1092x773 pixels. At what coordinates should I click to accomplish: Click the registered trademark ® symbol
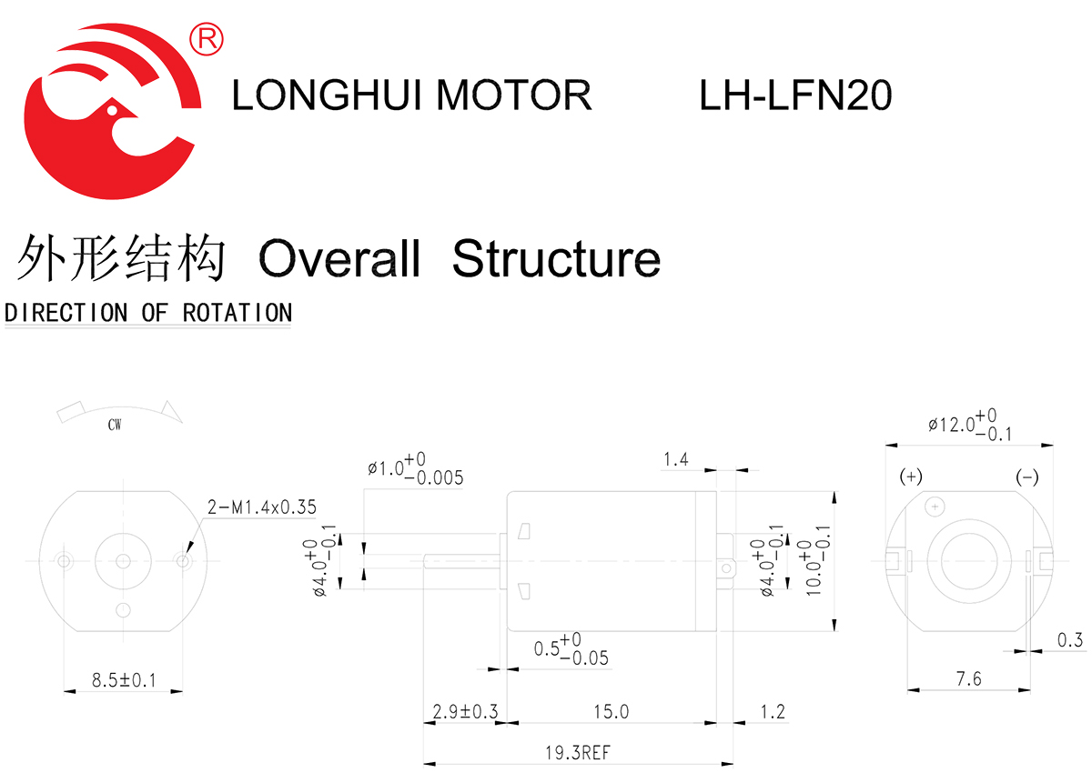click(207, 38)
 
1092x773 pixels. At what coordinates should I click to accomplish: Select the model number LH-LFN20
click(795, 95)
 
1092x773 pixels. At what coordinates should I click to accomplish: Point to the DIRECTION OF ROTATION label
click(148, 313)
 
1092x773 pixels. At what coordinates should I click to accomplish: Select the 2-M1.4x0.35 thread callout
click(262, 507)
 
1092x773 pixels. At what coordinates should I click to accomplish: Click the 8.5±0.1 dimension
click(125, 679)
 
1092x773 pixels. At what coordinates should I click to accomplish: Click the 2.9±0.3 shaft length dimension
click(465, 712)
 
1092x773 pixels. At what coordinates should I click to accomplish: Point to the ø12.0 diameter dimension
click(970, 424)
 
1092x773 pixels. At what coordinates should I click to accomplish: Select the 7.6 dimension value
click(970, 678)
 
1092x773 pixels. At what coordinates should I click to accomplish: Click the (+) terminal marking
click(911, 477)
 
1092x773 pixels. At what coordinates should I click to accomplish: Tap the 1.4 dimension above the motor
click(675, 459)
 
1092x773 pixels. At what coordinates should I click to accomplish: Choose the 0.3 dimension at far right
click(1071, 640)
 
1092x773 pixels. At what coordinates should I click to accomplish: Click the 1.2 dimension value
click(772, 712)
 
